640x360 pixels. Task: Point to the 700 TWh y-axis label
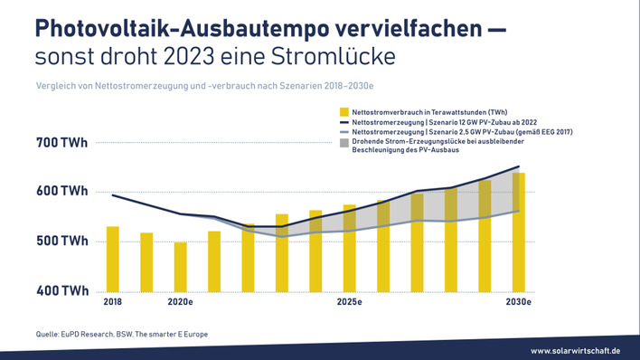coord(62,143)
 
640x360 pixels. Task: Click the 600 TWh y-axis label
coord(62,192)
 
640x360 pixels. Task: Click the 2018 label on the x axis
coord(113,302)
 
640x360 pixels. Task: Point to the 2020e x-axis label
coord(181,302)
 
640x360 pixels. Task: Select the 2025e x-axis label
coord(350,302)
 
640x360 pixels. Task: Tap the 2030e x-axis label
coord(518,302)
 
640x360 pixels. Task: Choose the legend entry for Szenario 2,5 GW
coord(452,132)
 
